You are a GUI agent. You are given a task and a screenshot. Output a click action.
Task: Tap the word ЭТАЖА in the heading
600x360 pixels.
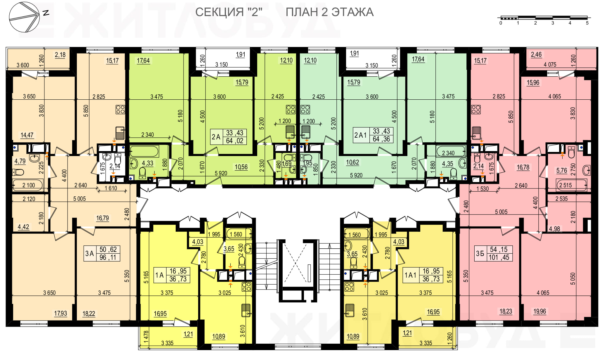click(x=352, y=12)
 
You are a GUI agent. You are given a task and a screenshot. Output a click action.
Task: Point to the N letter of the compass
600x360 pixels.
click(x=46, y=13)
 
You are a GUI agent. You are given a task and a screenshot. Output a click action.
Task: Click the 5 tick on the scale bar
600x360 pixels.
click(x=587, y=23)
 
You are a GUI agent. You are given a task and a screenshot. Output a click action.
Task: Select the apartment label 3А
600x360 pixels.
click(x=89, y=253)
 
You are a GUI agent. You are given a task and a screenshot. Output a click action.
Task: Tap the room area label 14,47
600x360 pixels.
click(x=27, y=135)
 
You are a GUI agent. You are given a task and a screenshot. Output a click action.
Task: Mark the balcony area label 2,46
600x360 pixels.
click(x=536, y=54)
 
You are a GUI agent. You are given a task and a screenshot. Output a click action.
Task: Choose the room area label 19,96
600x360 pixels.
click(x=540, y=311)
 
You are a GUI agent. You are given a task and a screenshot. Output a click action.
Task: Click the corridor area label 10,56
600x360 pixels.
click(x=241, y=167)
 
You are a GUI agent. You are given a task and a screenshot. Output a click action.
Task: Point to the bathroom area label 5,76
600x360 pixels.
click(x=561, y=171)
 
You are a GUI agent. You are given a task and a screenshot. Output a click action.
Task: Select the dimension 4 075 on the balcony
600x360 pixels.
click(x=550, y=65)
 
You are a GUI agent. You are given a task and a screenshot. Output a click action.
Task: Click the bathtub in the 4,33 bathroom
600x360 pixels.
click(x=144, y=152)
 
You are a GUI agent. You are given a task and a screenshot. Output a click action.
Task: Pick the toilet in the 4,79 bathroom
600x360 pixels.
click(x=18, y=172)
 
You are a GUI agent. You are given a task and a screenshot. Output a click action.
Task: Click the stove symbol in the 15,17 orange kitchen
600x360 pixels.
click(x=120, y=110)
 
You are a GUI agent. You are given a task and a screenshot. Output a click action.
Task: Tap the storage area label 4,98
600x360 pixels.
click(x=554, y=229)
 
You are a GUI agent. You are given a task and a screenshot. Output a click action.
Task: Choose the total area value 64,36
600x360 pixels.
click(x=381, y=139)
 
